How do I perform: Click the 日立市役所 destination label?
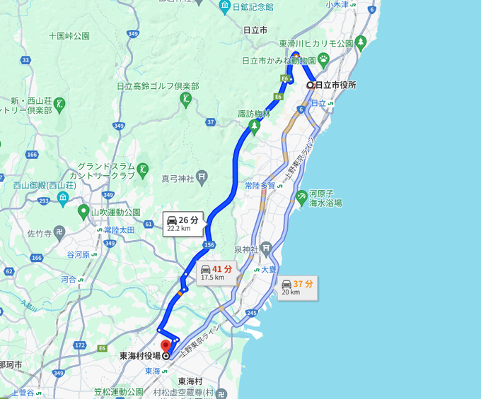coord(335,85)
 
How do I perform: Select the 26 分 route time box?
coord(182,224)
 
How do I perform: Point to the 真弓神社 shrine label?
coord(178,179)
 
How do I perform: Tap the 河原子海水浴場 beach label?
coord(325,198)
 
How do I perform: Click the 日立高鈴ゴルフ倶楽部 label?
coord(158,86)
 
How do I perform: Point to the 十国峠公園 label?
coord(69,35)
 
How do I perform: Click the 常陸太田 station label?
coord(119,230)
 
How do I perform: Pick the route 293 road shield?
coord(45,201)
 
